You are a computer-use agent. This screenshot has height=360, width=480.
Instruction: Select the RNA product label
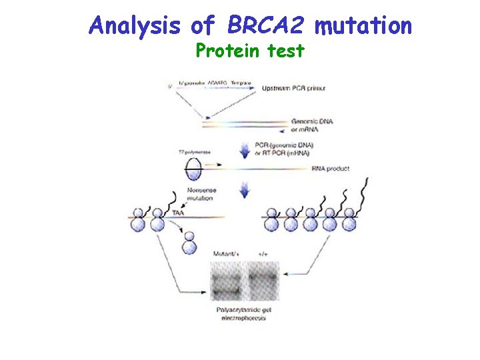pos(330,169)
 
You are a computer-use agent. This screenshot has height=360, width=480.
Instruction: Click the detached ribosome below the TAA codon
pos(189,242)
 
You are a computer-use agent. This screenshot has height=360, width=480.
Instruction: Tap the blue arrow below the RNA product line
pos(245,191)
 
